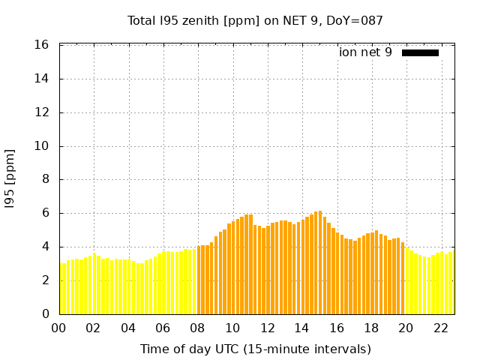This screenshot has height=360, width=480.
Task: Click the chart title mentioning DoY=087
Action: coord(256,20)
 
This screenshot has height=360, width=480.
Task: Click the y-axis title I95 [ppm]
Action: coord(10,179)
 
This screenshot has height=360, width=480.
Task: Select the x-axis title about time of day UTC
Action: coord(256,349)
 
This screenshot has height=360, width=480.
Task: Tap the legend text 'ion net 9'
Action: coord(365,52)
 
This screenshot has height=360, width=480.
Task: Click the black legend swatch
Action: coord(420,52)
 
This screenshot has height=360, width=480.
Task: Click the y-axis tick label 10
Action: coord(43,146)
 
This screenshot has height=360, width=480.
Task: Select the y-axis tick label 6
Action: coord(46,213)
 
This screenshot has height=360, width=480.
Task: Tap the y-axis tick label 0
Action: coord(46,314)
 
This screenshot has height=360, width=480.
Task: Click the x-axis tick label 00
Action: coord(58,328)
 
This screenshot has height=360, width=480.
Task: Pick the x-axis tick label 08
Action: coord(197,328)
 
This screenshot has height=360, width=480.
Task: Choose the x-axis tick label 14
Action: coord(301,328)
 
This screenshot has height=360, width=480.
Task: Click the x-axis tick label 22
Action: coord(441,328)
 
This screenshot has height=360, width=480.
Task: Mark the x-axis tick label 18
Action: coord(371,328)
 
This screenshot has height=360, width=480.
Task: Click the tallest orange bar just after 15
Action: coord(320,262)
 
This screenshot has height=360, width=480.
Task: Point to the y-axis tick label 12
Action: coord(43,112)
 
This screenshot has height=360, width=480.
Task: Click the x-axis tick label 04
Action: coord(128,328)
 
